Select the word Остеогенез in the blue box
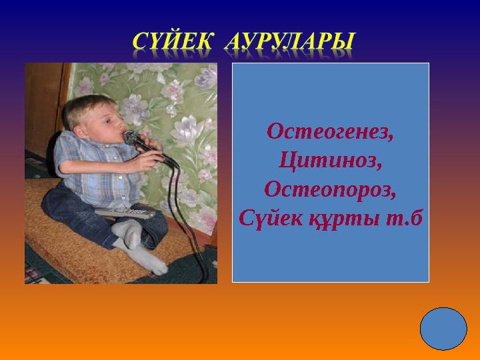(330, 131)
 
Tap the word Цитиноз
(330, 160)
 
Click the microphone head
(132, 139)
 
